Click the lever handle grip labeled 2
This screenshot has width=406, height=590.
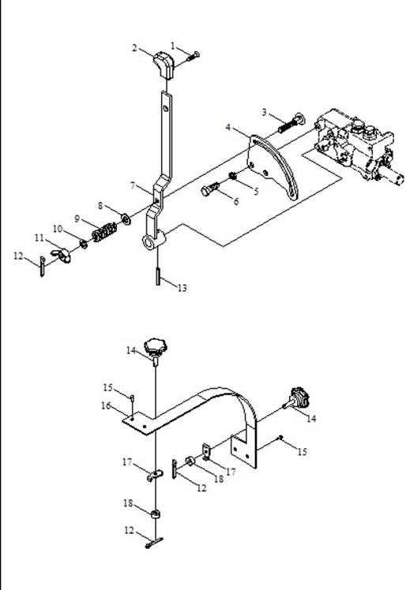164,65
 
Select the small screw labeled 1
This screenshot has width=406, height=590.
193,57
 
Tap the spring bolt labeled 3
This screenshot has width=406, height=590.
291,123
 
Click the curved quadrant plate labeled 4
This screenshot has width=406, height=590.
273,166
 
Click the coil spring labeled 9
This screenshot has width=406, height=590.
104,232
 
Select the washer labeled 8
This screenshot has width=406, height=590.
126,218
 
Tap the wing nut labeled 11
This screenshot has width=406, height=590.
61,256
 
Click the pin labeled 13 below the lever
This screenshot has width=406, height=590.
158,275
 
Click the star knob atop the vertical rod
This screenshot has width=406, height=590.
156,347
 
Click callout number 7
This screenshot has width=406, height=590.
133,185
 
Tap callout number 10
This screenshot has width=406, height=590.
58,229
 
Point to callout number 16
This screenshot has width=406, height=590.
106,406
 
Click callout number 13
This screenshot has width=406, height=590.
182,288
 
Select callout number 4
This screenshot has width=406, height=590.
227,128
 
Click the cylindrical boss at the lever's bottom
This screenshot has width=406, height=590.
153,240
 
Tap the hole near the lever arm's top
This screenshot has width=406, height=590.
166,109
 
